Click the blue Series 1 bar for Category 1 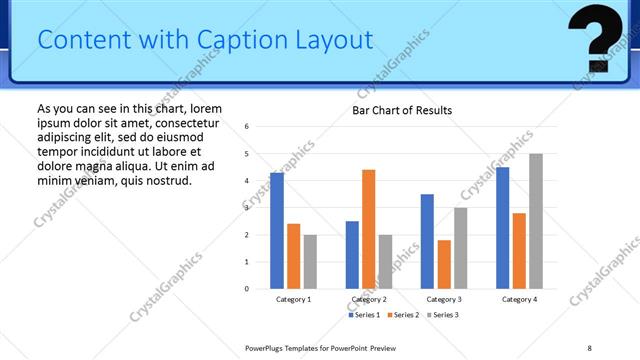point(277,231)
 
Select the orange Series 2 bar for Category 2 point(368,229)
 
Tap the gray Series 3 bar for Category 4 point(536,221)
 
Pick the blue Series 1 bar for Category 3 point(427,241)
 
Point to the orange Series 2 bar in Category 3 point(444,264)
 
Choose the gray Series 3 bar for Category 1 point(310,262)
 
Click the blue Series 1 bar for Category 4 point(502,228)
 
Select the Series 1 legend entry point(364,315)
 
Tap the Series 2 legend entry point(403,315)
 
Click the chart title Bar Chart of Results point(402,110)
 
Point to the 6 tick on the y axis point(247,127)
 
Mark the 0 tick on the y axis point(247,289)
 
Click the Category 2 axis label point(368,299)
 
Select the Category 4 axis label point(519,299)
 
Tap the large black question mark point(599,37)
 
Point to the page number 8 point(589,347)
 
